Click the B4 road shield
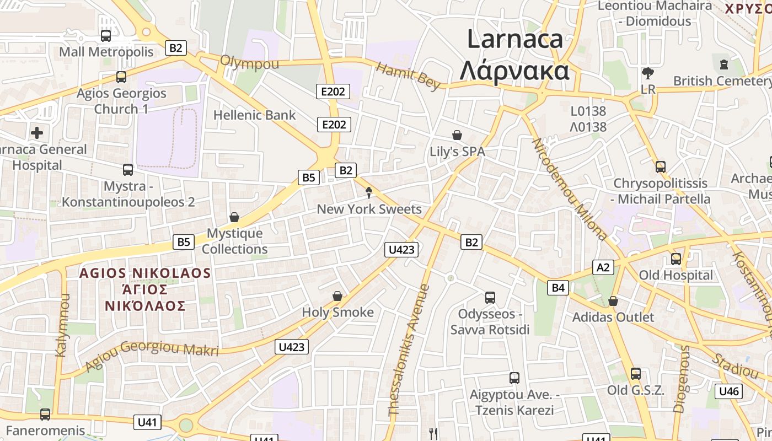tap(558, 287)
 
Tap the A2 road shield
tap(603, 267)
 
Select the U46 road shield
tap(728, 391)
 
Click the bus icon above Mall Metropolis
tap(106, 36)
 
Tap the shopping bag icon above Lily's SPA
tap(457, 135)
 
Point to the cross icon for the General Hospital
tap(37, 133)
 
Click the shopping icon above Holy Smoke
tap(337, 297)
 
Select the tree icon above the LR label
tap(648, 73)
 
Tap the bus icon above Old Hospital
tap(675, 259)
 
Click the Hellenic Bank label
tap(254, 115)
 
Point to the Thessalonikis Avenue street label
tap(409, 350)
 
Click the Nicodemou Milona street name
tap(570, 189)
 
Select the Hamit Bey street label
tap(408, 76)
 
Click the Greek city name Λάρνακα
tap(514, 71)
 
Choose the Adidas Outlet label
tap(613, 317)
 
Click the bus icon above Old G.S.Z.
tap(636, 374)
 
